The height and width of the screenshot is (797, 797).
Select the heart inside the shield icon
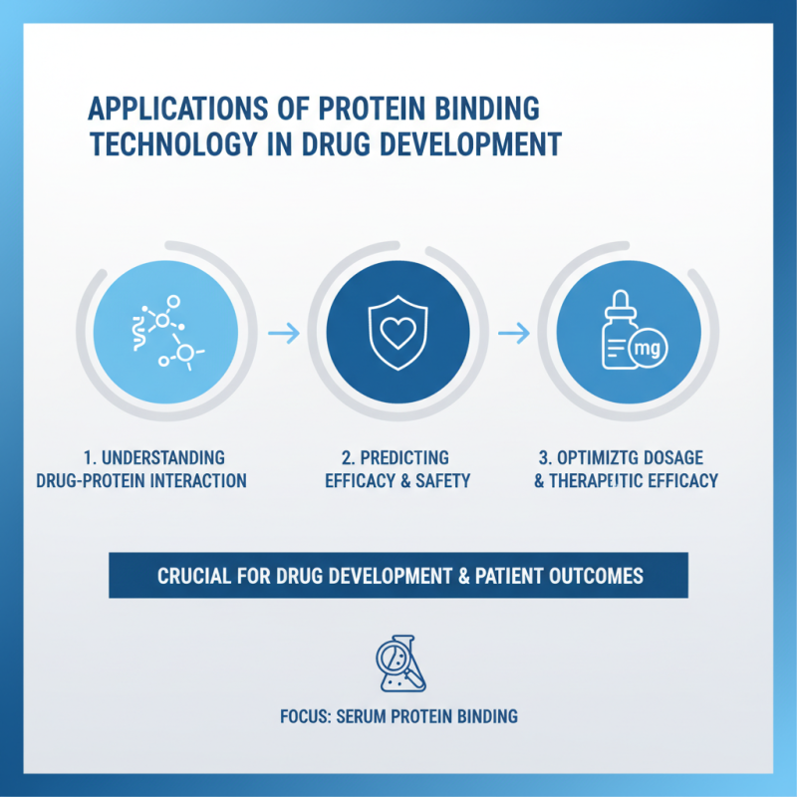398,334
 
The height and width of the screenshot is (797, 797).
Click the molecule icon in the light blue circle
163,333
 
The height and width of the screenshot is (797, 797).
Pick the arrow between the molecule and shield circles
284,334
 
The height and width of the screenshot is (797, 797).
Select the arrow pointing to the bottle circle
513,334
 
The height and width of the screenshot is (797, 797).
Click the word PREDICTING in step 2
407,458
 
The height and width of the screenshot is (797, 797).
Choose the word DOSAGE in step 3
673,458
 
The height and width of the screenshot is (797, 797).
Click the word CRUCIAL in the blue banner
193,576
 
